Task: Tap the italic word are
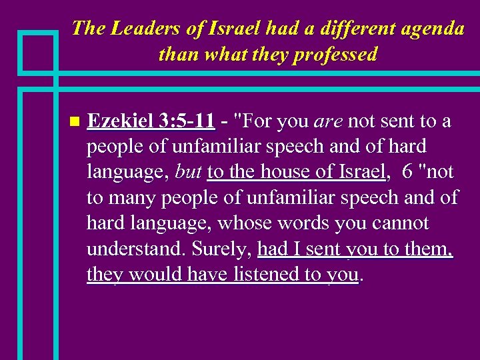[328, 121]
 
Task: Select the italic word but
[188, 172]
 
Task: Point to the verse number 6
[407, 172]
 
